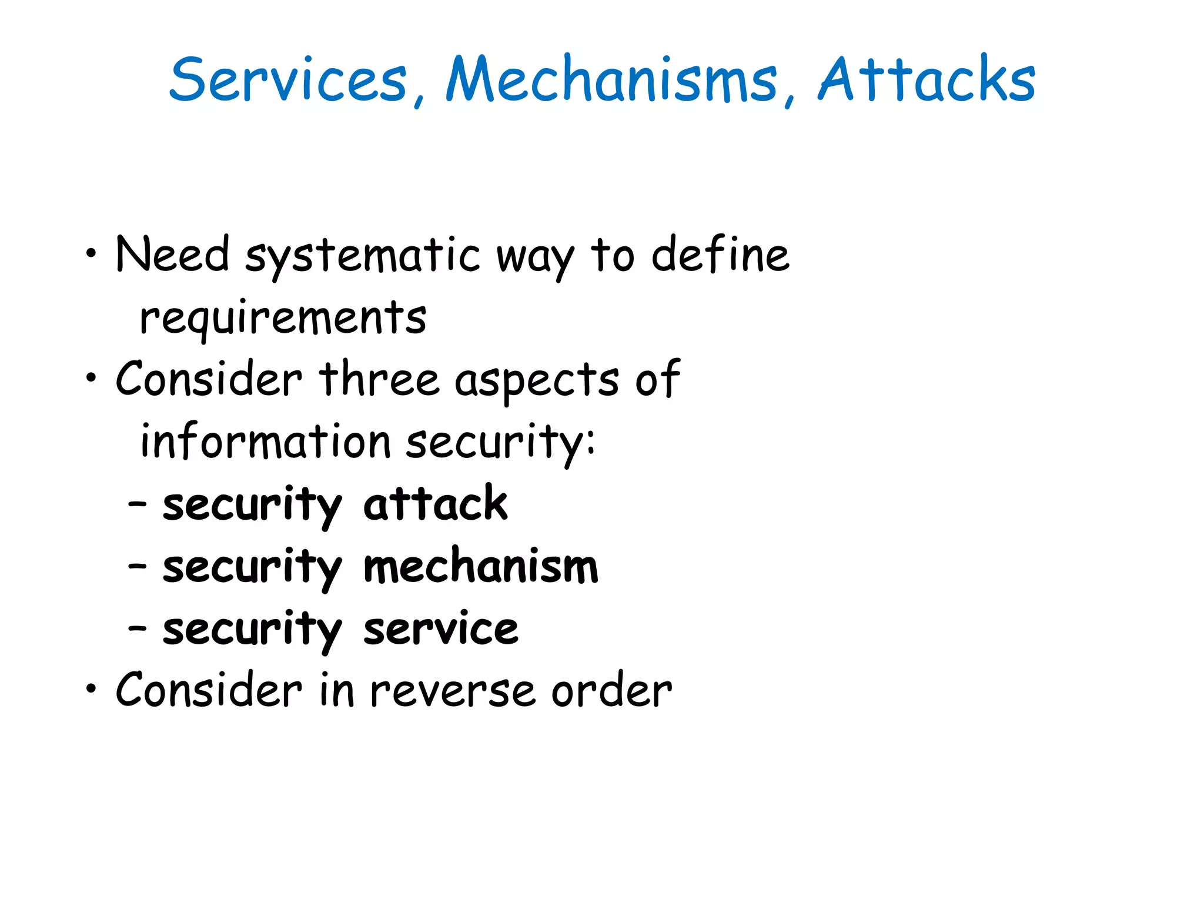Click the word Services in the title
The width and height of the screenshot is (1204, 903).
(x=288, y=79)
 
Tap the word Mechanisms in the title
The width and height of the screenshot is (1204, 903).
(x=611, y=79)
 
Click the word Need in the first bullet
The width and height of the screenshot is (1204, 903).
(x=172, y=255)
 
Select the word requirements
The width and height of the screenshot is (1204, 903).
(x=283, y=319)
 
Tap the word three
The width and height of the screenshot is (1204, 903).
(x=379, y=380)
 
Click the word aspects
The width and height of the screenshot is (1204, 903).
(x=536, y=382)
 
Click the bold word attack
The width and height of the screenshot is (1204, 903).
(x=435, y=504)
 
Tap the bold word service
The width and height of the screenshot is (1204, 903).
(x=441, y=630)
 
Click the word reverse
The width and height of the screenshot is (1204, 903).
(x=452, y=691)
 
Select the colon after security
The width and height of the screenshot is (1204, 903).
(x=590, y=443)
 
